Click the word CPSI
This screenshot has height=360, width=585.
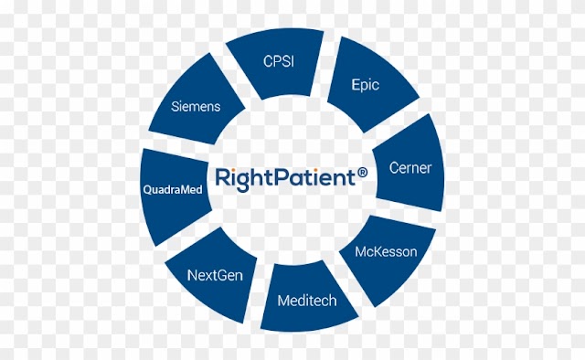[279, 61]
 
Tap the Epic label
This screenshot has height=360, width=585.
[366, 85]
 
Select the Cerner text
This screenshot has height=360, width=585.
[410, 168]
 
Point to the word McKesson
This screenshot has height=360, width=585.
[386, 252]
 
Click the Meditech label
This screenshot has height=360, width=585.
[307, 301]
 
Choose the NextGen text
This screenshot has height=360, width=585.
[215, 276]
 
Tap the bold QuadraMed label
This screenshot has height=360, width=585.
[173, 190]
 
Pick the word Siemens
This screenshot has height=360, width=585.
[196, 107]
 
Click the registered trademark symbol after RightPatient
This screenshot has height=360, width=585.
[362, 173]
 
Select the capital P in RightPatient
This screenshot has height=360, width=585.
[283, 177]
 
